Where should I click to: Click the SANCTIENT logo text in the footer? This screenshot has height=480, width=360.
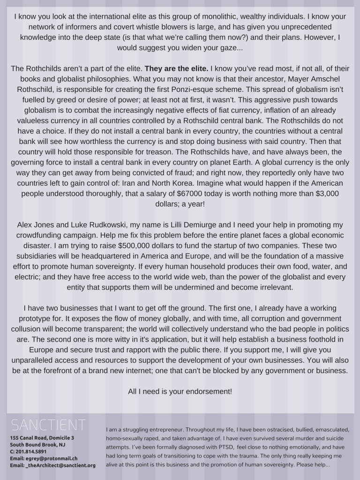pyautogui.click(x=48, y=425)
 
